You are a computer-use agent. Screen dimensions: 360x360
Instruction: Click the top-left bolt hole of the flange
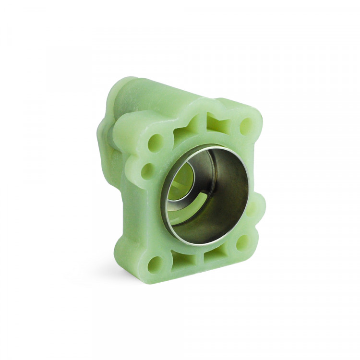(155, 143)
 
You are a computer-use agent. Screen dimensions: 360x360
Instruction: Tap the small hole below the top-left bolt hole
(148, 170)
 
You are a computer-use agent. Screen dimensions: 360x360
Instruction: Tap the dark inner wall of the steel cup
(226, 197)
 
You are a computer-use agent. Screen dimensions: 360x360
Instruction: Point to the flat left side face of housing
(120, 202)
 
